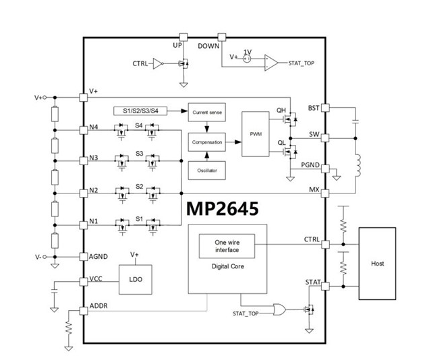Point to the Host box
(x=378, y=264)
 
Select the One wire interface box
(x=227, y=247)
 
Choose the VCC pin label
(x=96, y=279)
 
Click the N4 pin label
(x=94, y=127)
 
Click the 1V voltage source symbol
(x=247, y=59)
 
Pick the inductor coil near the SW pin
(x=358, y=164)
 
